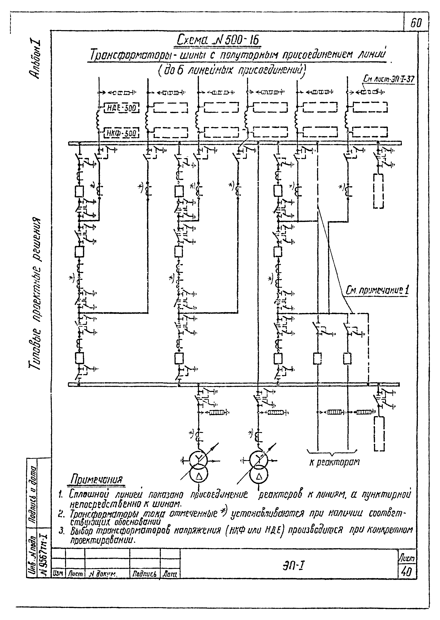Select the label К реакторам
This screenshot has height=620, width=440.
tap(334, 462)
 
